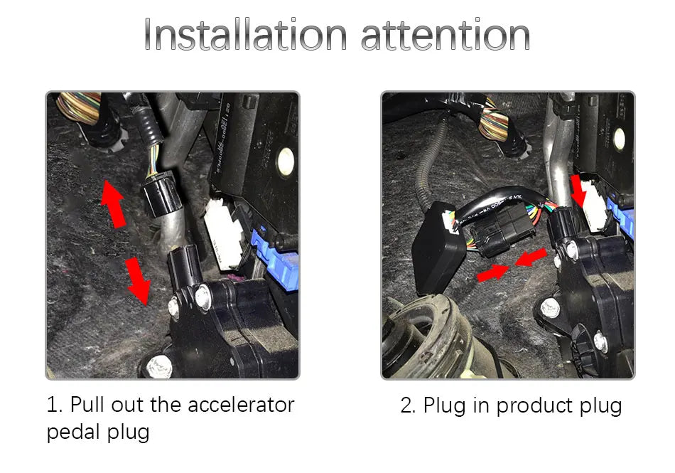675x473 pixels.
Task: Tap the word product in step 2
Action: (529, 406)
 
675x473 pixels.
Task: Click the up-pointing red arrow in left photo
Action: (113, 203)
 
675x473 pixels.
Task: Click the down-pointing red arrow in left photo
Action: (137, 280)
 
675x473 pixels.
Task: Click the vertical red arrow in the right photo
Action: (580, 190)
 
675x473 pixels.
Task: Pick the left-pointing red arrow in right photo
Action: (531, 257)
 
